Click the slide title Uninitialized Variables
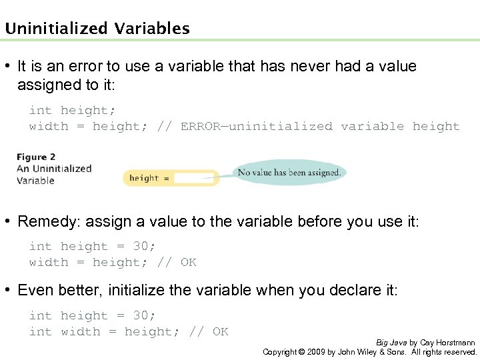tap(97, 29)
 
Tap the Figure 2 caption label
tap(36, 157)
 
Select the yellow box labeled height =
tap(171, 178)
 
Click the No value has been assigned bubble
tap(289, 173)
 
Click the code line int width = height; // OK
tap(129, 332)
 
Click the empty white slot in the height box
tap(193, 178)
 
